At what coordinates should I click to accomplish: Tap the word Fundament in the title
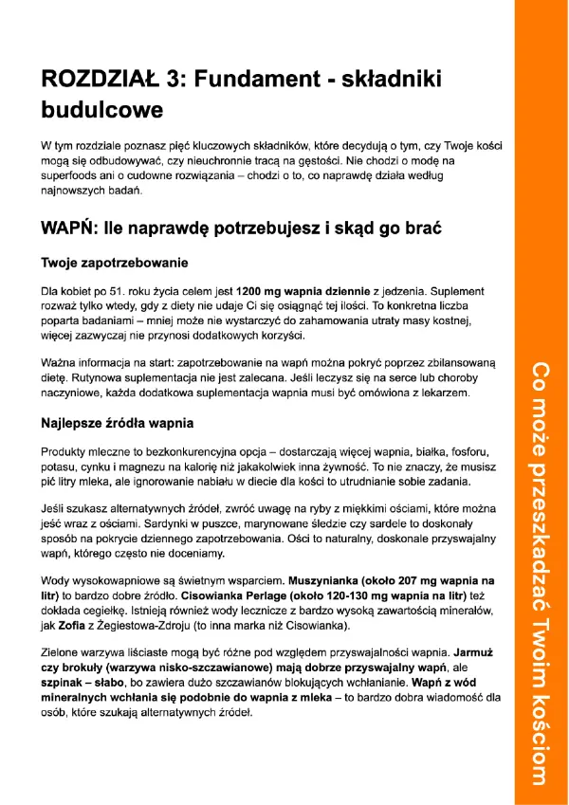[248, 81]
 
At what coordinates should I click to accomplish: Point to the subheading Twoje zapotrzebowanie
[115, 262]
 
